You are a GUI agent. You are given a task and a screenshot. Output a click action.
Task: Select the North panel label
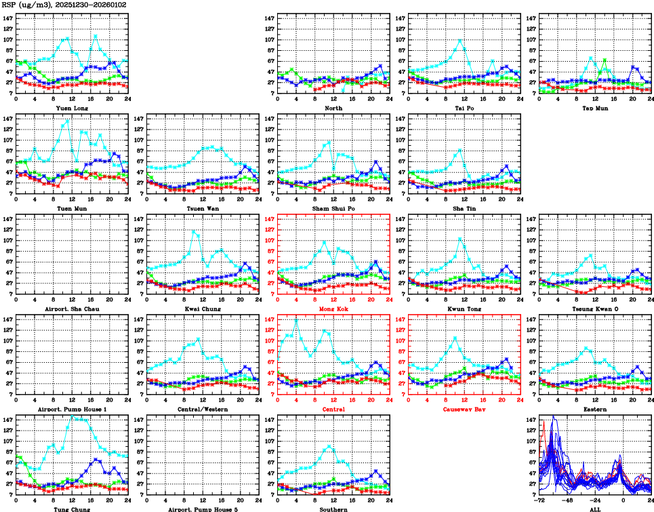pos(332,108)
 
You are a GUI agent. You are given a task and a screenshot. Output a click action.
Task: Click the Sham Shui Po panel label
pos(332,208)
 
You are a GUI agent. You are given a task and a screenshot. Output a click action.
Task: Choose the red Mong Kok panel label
pos(332,309)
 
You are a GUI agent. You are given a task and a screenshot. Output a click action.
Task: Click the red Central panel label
pos(332,409)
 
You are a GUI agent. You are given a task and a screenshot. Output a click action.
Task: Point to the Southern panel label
pos(332,509)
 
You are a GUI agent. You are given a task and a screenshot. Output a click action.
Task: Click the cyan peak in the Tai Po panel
pos(460,41)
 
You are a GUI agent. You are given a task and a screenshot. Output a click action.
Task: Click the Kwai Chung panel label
pos(201,309)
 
